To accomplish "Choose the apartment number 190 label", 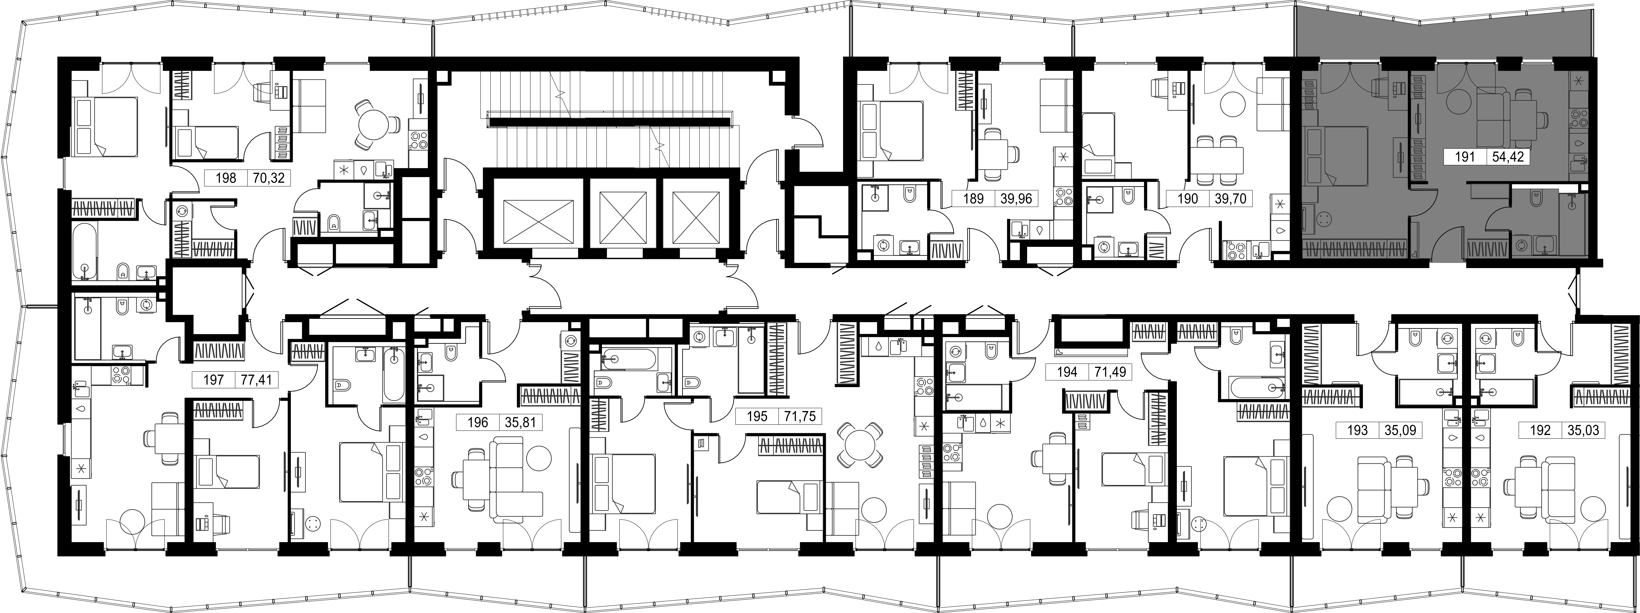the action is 1188,199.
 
